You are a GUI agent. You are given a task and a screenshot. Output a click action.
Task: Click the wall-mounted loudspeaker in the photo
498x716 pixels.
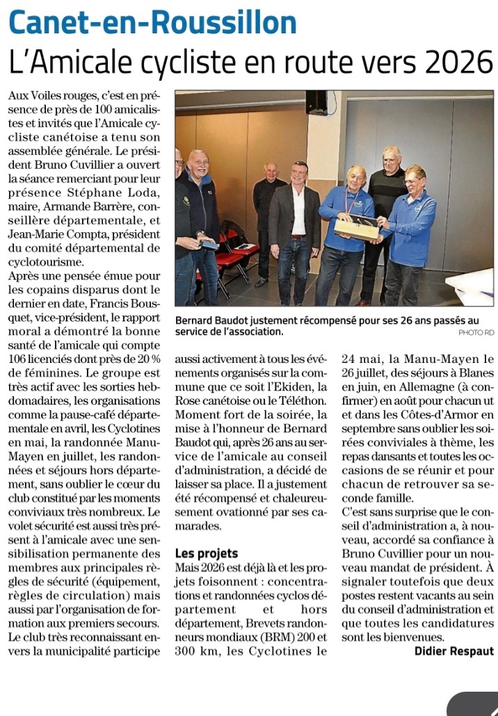316,102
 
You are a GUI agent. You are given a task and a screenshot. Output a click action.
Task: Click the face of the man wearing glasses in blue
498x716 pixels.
415,179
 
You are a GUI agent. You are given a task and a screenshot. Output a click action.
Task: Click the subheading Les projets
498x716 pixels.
207,553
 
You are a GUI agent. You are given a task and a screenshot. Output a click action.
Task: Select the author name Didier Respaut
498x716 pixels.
453,651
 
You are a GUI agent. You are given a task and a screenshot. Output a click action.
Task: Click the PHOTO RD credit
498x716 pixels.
476,332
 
